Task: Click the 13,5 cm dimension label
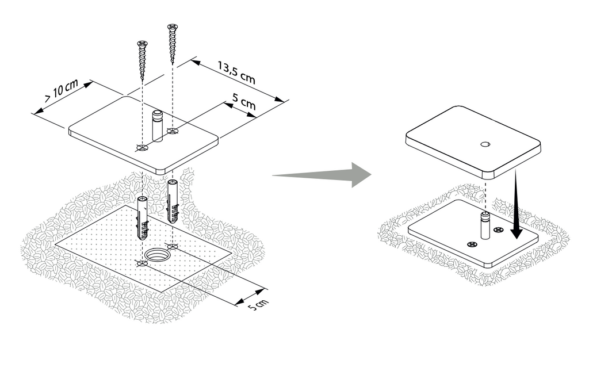coord(237,76)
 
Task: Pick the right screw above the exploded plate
coord(171,43)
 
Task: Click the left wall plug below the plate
coord(142,219)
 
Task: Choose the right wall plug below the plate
coord(173,201)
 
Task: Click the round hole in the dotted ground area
coord(158,253)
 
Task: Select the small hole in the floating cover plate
coord(485,144)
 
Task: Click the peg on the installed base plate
coord(485,225)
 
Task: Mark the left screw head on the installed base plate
coord(472,244)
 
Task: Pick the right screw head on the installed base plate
coord(498,230)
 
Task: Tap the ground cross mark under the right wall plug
coord(173,246)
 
